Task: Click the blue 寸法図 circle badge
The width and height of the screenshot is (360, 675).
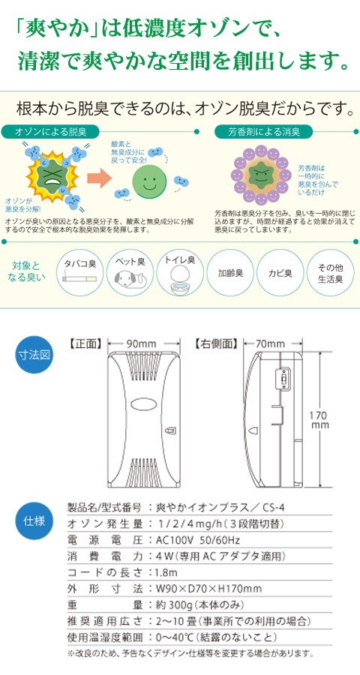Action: click(x=34, y=354)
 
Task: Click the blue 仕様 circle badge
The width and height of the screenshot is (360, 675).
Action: click(x=34, y=521)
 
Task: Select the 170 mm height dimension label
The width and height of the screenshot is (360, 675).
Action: click(x=319, y=420)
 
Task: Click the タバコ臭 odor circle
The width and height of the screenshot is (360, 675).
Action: click(x=80, y=272)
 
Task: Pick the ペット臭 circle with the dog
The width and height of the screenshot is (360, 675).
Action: click(x=130, y=272)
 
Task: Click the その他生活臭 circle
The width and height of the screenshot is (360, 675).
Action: click(x=329, y=272)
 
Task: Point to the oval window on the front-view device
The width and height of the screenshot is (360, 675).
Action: click(x=143, y=405)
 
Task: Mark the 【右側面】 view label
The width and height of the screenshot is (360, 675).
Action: click(x=216, y=344)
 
